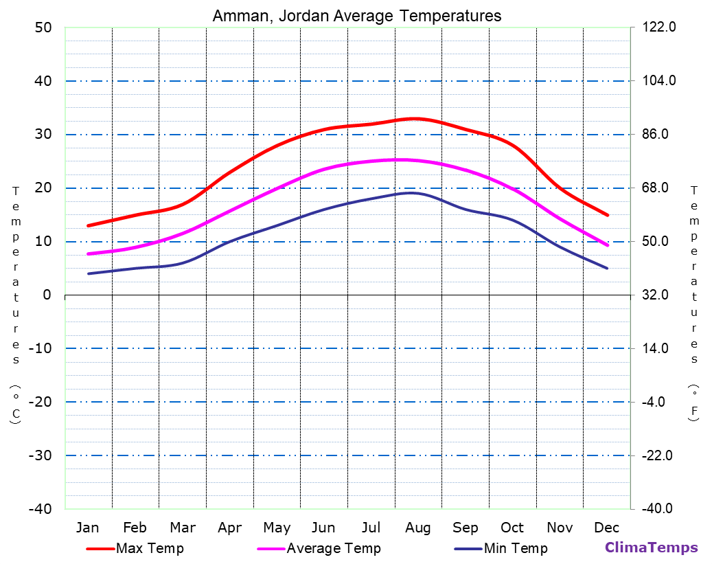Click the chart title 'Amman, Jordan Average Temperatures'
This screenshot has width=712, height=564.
tap(356, 15)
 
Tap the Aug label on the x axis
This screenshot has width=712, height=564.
tap(417, 528)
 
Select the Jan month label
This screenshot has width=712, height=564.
tap(87, 528)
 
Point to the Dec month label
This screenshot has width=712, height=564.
tap(606, 528)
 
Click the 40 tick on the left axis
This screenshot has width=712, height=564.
tap(43, 81)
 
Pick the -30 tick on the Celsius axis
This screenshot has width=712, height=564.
tap(40, 455)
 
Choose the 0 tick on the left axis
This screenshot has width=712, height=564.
tap(47, 295)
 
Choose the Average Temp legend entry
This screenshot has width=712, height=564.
tap(333, 548)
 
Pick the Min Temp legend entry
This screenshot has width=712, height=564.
tap(515, 548)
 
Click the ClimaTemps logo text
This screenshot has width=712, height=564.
tap(651, 548)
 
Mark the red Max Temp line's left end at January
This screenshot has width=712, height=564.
tap(88, 225)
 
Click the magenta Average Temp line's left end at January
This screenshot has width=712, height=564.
tap(88, 254)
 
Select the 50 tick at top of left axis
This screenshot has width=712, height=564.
tap(43, 27)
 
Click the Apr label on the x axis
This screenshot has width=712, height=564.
tap(229, 528)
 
